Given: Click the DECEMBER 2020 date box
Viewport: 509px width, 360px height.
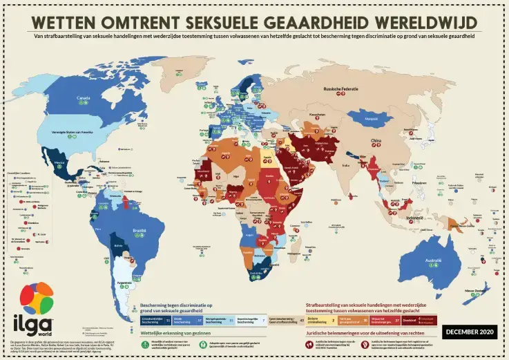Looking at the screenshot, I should [x=470, y=332].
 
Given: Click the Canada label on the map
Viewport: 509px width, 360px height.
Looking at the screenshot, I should [x=83, y=99].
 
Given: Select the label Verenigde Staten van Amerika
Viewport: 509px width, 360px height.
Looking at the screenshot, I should [x=72, y=131].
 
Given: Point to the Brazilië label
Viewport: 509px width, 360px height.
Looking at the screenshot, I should [x=140, y=231].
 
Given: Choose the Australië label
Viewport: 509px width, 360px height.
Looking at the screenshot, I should [x=434, y=260].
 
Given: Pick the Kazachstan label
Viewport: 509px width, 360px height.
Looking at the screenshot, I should [x=317, y=115].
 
